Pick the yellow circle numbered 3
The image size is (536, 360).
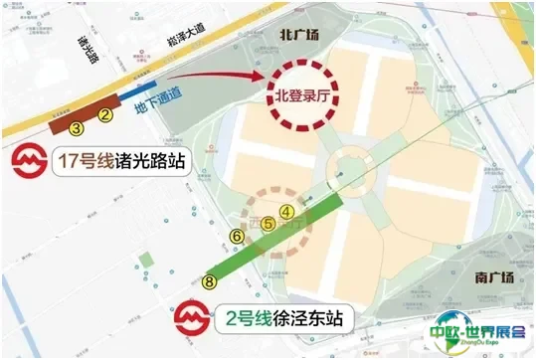[x=76, y=127]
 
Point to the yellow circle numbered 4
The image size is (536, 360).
[x=286, y=211]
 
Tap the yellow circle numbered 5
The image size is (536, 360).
[x=268, y=225]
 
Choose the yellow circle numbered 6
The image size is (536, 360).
[x=236, y=236]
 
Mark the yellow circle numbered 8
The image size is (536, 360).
[x=209, y=281]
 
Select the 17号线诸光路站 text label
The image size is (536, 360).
[x=127, y=162]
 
